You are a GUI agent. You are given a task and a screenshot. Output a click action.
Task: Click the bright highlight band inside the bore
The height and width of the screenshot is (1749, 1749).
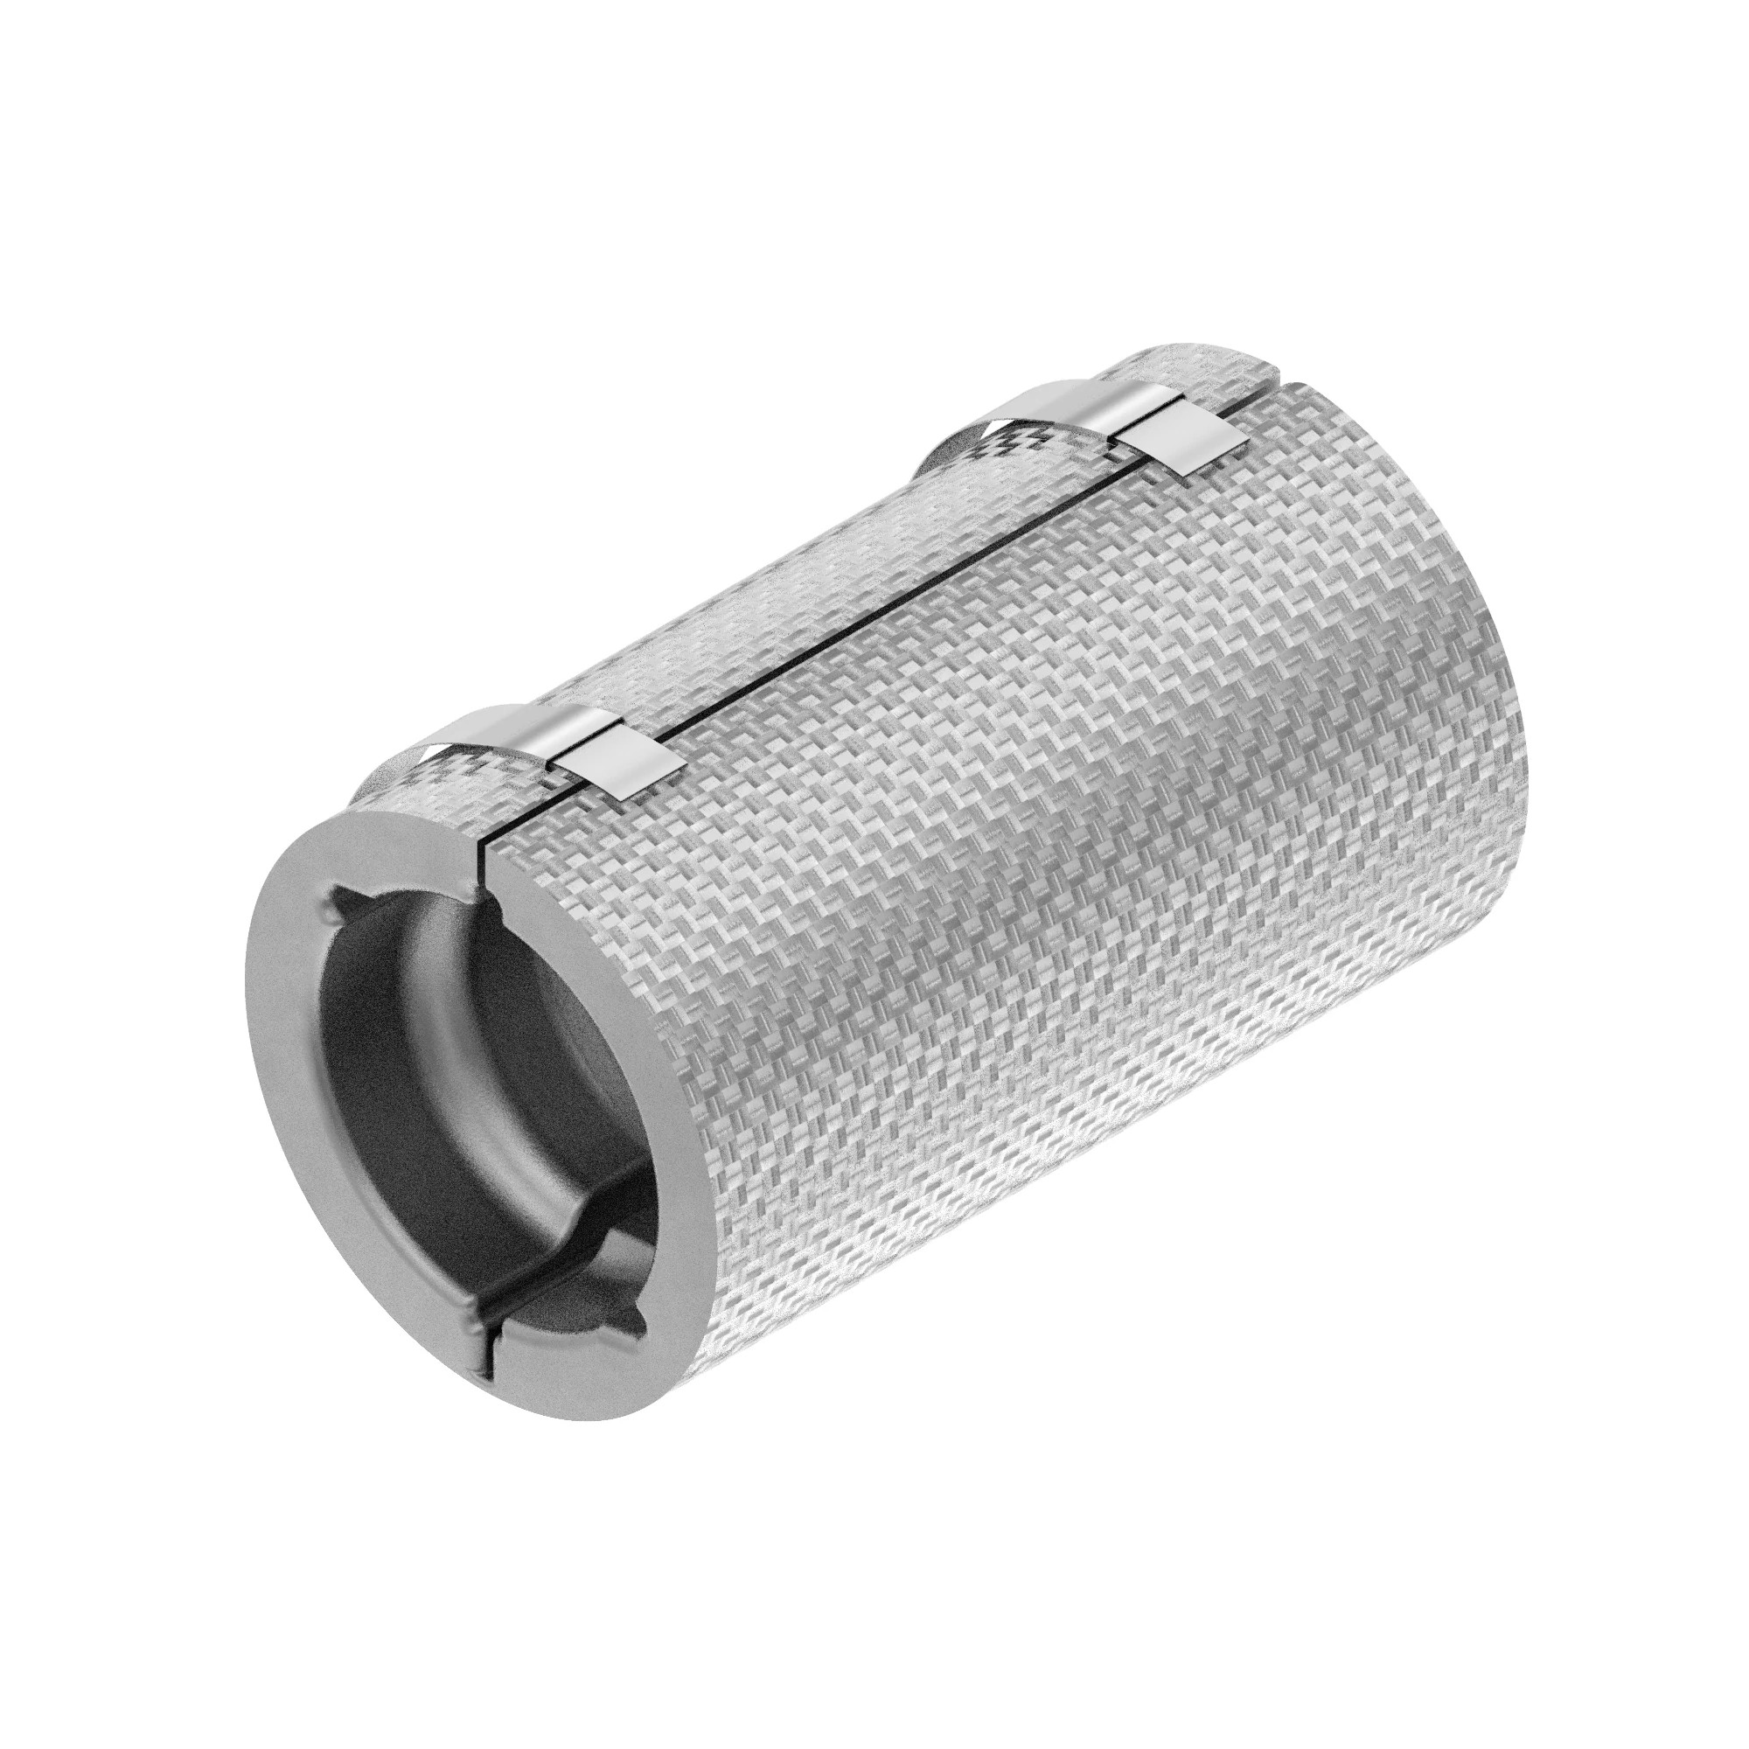pyautogui.click(x=470, y=1123)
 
